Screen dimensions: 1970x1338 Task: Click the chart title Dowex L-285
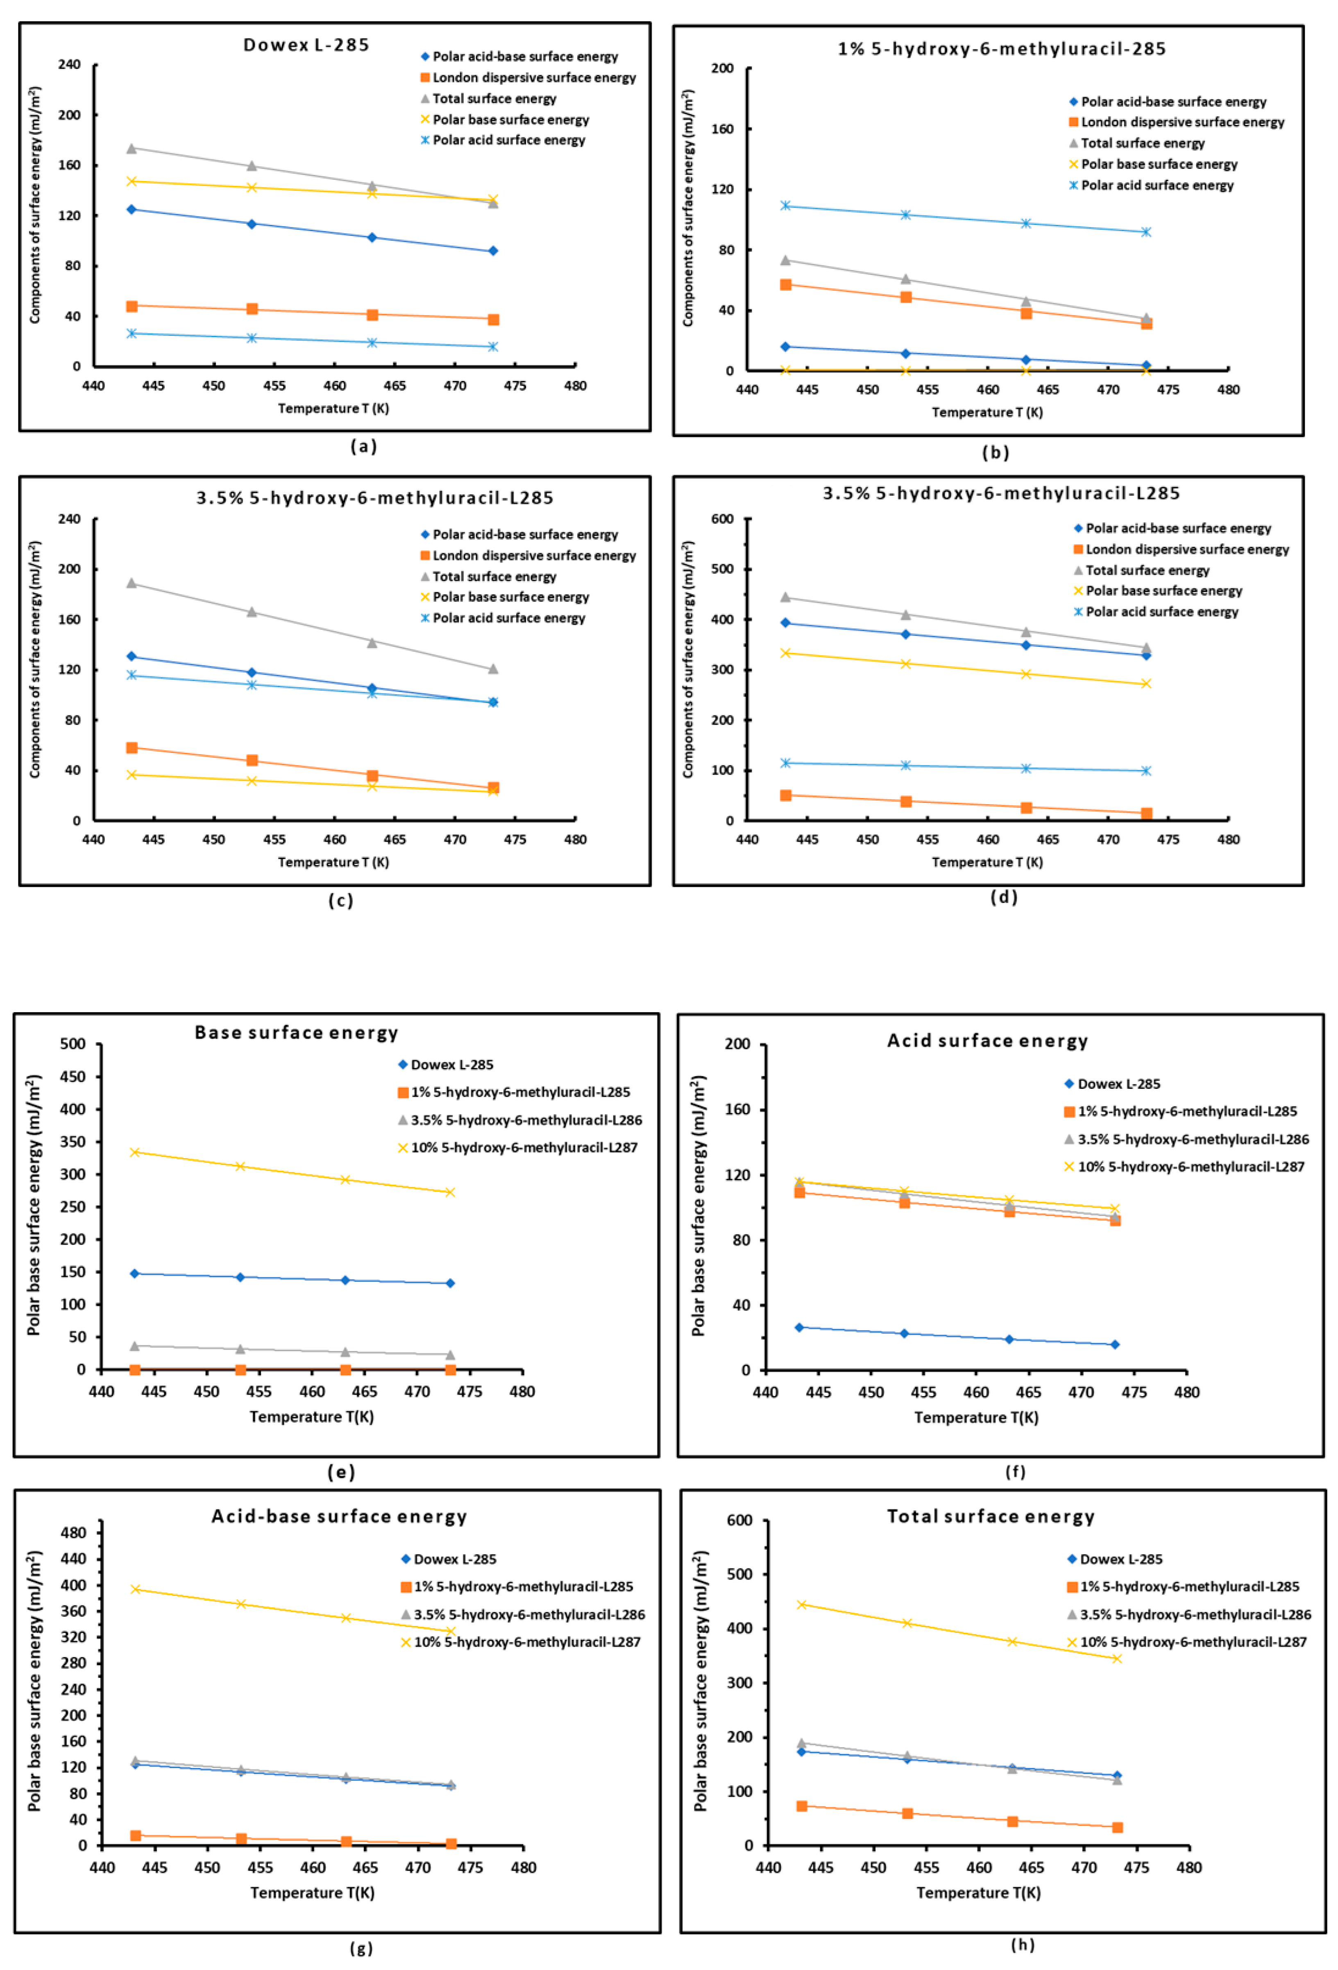click(306, 45)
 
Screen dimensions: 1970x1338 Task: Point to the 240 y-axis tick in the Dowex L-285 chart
click(70, 64)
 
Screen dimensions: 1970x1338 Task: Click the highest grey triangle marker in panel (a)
click(132, 148)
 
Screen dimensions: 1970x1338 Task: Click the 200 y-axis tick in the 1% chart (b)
click(722, 69)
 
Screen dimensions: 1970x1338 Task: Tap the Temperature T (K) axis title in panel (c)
click(333, 862)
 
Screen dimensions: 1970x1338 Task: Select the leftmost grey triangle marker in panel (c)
click(132, 583)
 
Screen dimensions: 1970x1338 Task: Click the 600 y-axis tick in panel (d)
click(722, 519)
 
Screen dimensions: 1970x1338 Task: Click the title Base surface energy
click(296, 1032)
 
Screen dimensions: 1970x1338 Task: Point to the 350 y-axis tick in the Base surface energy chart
click(73, 1142)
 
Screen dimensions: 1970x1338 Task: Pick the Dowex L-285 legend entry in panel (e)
click(451, 1065)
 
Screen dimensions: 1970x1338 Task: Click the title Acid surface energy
click(987, 1041)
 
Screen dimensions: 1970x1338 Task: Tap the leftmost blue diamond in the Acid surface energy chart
click(799, 1327)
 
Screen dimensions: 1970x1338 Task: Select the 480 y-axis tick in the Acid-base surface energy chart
click(74, 1532)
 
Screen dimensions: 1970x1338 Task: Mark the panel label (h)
click(1023, 1945)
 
